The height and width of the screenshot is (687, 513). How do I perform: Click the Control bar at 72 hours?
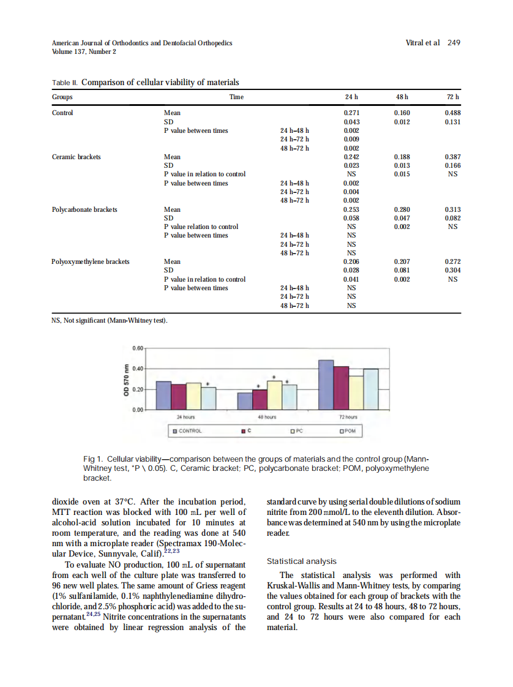coord(326,384)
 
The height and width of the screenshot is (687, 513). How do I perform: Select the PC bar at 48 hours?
coord(275,395)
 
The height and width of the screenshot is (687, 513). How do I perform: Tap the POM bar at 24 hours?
coord(209,397)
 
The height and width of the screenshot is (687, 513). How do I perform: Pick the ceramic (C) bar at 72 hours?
coord(341,387)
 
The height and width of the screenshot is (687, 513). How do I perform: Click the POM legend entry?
coord(346,431)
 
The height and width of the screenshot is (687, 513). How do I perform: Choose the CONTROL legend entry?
coord(187,431)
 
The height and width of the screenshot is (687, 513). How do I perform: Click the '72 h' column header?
coord(454,97)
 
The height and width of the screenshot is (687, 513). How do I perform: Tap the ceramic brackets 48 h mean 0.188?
coord(402,157)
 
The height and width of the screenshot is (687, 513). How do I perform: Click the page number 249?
coord(454,43)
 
